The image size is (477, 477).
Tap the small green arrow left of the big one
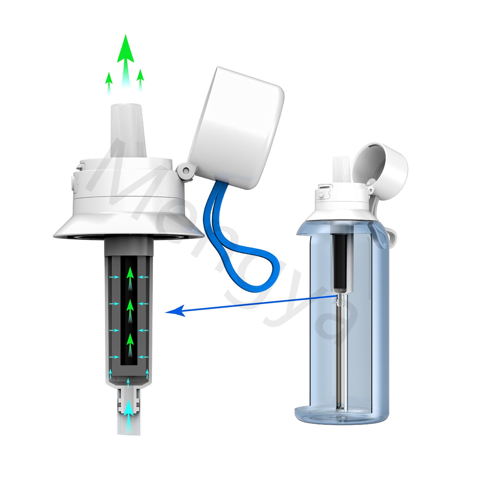pyautogui.click(x=109, y=82)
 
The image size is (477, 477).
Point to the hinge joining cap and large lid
pyautogui.click(x=185, y=171)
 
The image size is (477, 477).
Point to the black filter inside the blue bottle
pyautogui.click(x=340, y=261)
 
